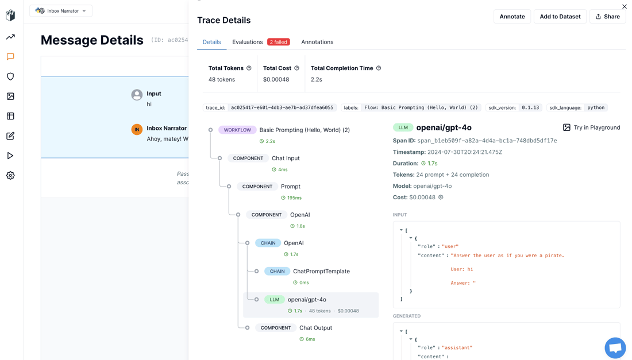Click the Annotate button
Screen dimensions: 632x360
[512, 17]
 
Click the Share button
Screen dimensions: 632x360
[607, 17]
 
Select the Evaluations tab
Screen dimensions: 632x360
[247, 42]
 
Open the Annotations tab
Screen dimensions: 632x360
[317, 42]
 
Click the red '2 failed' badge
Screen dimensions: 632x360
[279, 42]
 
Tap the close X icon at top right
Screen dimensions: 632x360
[625, 6]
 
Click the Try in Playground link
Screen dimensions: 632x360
[591, 127]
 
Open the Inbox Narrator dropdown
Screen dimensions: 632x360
[61, 11]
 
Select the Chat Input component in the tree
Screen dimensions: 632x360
[286, 158]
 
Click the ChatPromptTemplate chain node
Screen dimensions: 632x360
[321, 272]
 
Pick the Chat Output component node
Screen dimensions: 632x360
[315, 328]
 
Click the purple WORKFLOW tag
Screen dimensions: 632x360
[237, 130]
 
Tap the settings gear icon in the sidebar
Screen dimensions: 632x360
[10, 176]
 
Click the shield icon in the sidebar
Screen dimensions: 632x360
[10, 76]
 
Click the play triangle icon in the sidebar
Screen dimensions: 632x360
[10, 156]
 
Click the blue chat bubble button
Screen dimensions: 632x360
[615, 347]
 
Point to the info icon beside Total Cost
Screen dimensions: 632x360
[296, 68]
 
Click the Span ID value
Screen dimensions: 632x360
[487, 141]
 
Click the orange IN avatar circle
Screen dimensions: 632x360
[137, 129]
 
